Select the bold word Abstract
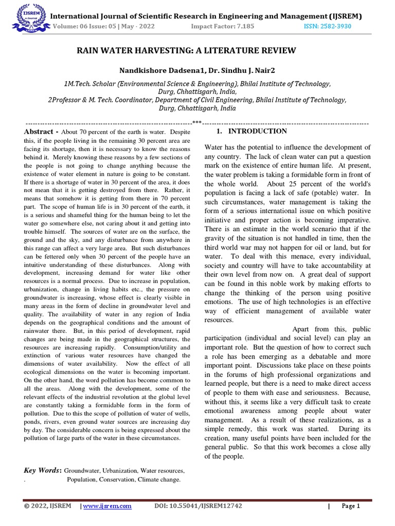coord(39,132)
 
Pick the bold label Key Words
coord(42,470)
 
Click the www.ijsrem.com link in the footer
coord(107,506)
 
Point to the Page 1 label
coord(351,506)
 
